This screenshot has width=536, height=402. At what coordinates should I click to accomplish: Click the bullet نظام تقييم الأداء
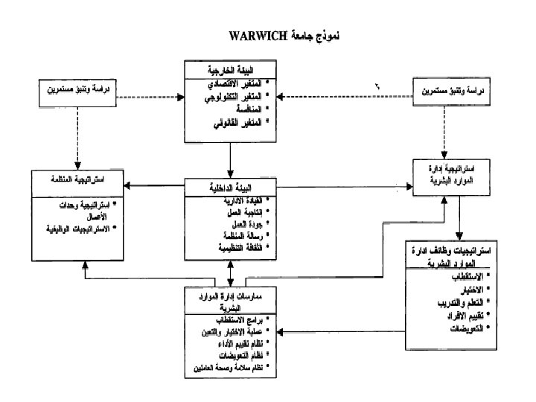pyautogui.click(x=233, y=345)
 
